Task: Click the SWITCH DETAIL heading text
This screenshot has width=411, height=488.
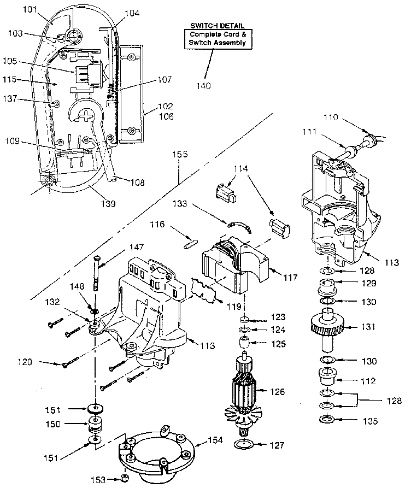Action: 214,26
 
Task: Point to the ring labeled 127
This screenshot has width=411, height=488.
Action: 244,445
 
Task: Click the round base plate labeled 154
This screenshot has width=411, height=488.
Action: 156,453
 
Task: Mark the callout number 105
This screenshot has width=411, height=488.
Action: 25,61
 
